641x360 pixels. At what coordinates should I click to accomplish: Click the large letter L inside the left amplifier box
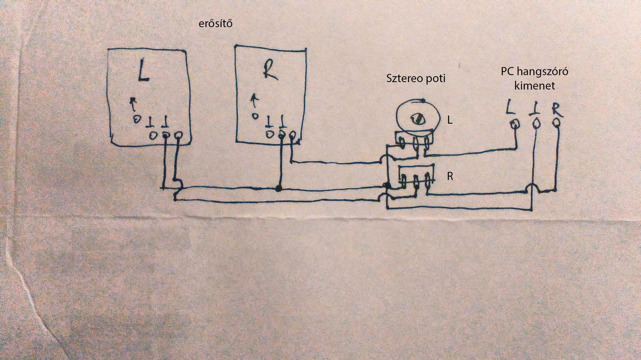[x=143, y=73]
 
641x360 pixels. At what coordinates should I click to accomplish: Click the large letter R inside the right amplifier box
[x=270, y=71]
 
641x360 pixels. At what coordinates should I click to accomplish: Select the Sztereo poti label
[x=416, y=79]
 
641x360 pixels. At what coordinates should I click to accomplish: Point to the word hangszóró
[x=544, y=72]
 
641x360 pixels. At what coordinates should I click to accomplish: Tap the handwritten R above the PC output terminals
[x=556, y=109]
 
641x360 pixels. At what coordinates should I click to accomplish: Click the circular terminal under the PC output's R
[x=557, y=122]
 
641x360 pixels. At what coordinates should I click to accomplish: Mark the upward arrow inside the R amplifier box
[x=254, y=100]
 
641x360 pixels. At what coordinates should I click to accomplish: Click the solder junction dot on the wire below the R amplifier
[x=278, y=189]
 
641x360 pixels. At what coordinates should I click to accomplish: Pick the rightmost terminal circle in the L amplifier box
[x=178, y=135]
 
